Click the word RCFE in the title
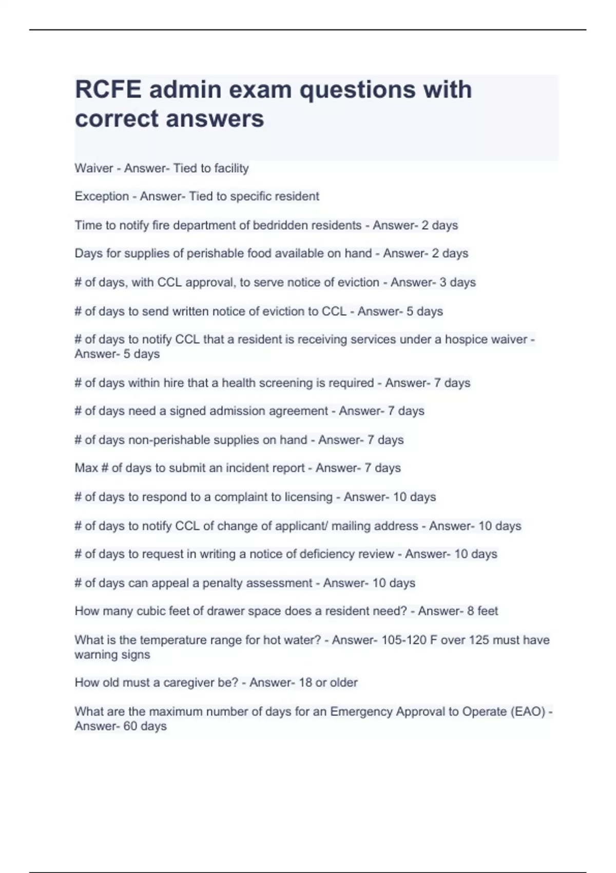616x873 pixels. pos(108,90)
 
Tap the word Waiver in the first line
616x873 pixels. pos(93,168)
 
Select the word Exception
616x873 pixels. pos(102,197)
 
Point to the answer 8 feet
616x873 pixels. pos(483,611)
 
